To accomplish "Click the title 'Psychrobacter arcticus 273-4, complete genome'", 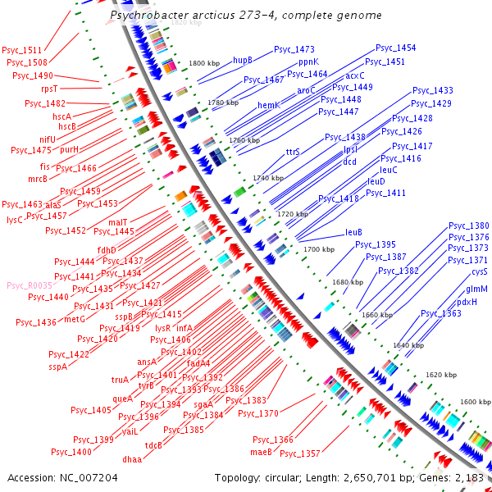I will pyautogui.click(x=245, y=16).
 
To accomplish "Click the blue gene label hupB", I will pyautogui.click(x=243, y=60).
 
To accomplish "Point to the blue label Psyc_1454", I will pyautogui.click(x=395, y=49).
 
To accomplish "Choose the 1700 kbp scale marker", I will pyautogui.click(x=320, y=248).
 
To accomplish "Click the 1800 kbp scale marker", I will pyautogui.click(x=205, y=63).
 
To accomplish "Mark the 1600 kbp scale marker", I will pyautogui.click(x=476, y=402).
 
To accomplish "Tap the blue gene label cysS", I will pyautogui.click(x=480, y=271).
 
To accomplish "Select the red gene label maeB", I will pyautogui.click(x=261, y=452).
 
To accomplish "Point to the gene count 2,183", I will pyautogui.click(x=468, y=477).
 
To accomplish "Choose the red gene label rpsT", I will pyautogui.click(x=49, y=89).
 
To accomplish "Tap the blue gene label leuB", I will pyautogui.click(x=353, y=232).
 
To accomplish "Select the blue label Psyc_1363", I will pyautogui.click(x=441, y=313).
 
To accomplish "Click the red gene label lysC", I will pyautogui.click(x=15, y=220).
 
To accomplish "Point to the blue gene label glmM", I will pyautogui.click(x=477, y=289).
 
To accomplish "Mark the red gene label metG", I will pyautogui.click(x=75, y=319).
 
